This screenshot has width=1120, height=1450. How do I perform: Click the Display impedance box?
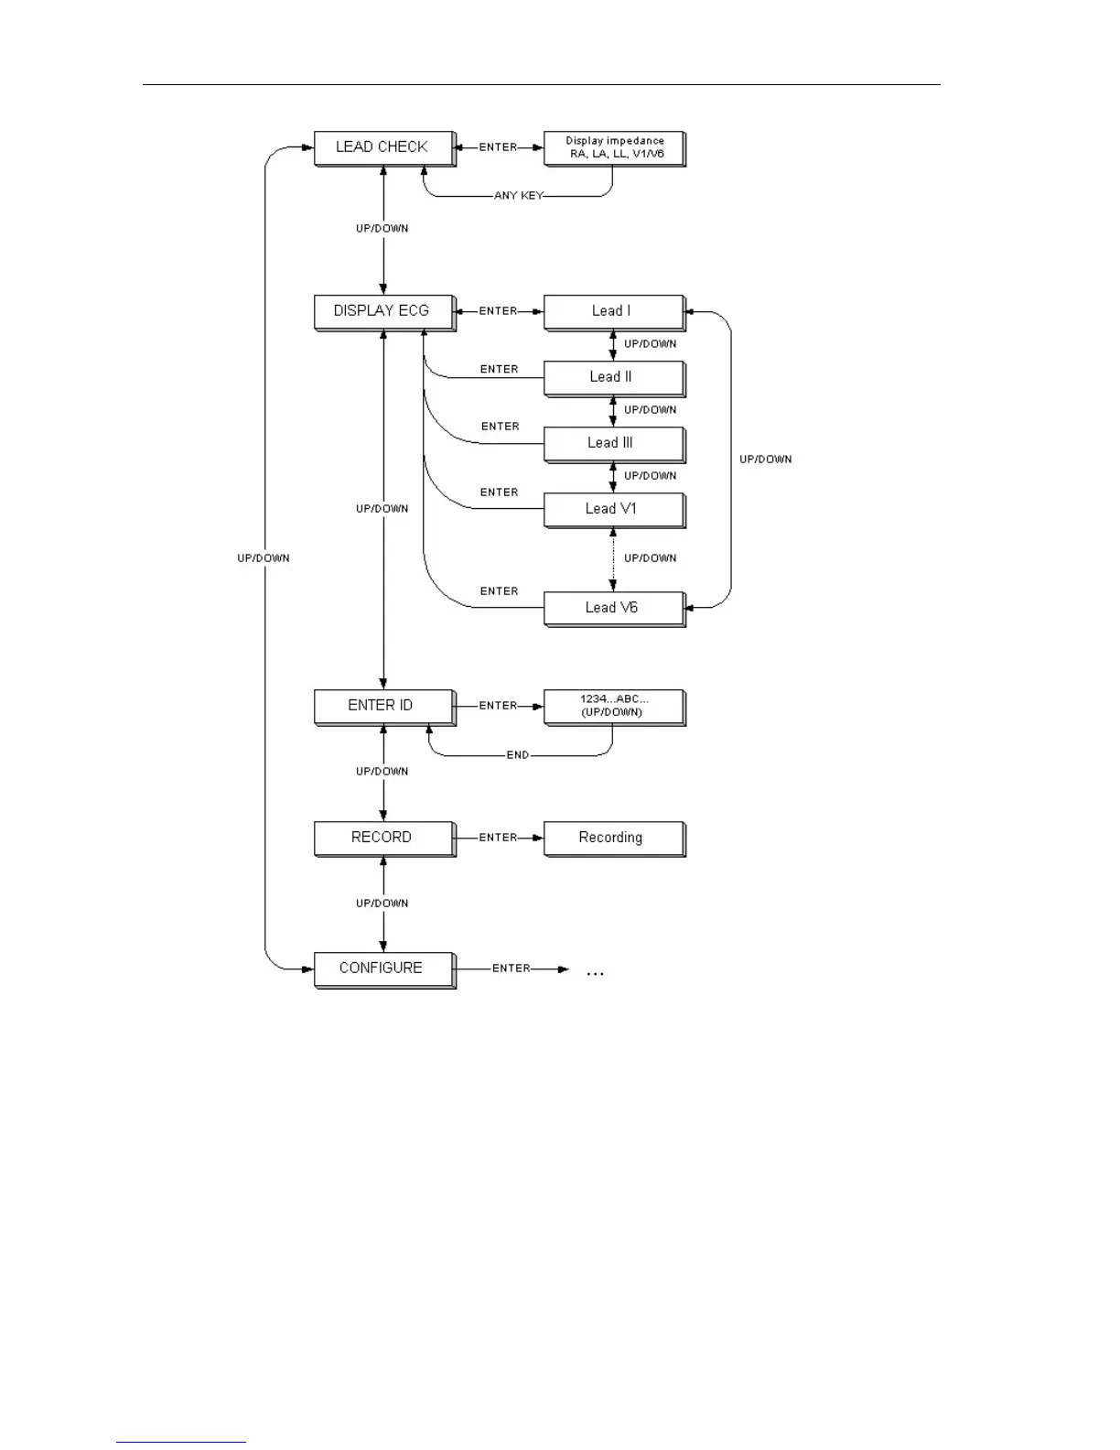tap(614, 147)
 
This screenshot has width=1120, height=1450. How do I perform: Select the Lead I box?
tap(614, 311)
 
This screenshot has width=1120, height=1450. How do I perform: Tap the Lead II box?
tap(614, 377)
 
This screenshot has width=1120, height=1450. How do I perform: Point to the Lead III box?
tap(614, 443)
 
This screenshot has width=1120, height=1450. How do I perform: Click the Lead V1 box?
tap(614, 509)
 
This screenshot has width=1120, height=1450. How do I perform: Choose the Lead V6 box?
tap(614, 608)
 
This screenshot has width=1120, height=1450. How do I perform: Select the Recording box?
tap(614, 838)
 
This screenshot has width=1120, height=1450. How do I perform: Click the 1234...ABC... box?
tap(614, 706)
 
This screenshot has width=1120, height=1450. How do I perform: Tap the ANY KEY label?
tap(518, 196)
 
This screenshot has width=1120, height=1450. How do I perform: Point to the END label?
tap(518, 755)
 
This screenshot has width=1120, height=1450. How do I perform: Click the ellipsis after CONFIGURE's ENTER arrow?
tap(595, 972)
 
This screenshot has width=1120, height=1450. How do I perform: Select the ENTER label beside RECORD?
tap(499, 838)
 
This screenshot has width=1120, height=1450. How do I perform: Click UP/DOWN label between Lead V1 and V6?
tap(651, 558)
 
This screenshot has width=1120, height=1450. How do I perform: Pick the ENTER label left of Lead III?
tap(501, 427)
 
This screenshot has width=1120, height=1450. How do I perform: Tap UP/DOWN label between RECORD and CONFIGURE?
tap(382, 904)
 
